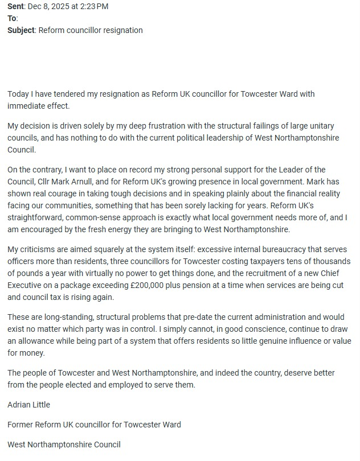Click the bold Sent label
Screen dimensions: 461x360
tap(16, 7)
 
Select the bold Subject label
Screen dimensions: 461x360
tap(22, 30)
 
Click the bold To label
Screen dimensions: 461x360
tap(12, 18)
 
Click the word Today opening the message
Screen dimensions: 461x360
tap(19, 94)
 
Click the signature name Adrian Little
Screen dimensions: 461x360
tap(29, 405)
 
